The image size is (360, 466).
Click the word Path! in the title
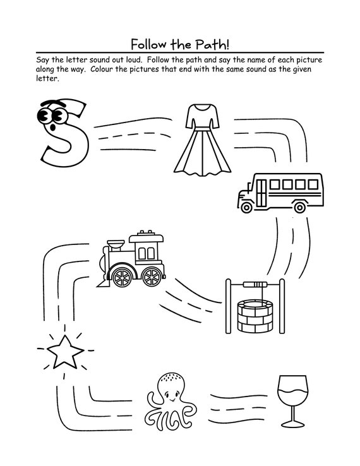[212, 44]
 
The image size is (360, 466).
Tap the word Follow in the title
[148, 44]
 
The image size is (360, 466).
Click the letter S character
[63, 133]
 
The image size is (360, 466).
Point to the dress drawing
[203, 140]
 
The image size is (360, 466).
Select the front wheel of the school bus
[246, 207]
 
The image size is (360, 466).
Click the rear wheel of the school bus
[299, 207]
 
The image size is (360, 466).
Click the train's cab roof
[147, 238]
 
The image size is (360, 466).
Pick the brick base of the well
[255, 316]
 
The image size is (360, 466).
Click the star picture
[65, 352]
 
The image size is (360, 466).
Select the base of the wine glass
[293, 424]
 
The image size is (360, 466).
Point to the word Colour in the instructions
[102, 69]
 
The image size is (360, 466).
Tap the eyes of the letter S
[52, 116]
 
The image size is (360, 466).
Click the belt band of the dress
[203, 128]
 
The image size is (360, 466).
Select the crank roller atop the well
[255, 285]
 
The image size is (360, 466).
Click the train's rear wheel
[152, 277]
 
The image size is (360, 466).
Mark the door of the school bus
[261, 193]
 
